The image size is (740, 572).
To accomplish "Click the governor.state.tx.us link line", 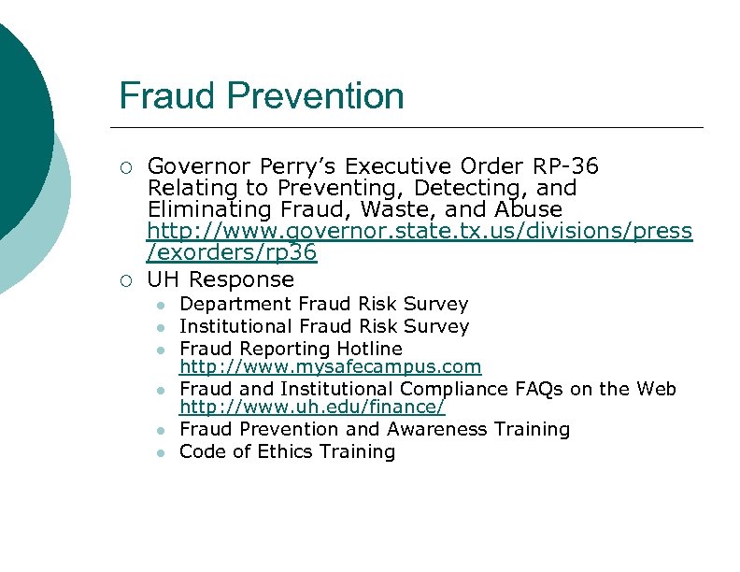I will pos(420,231).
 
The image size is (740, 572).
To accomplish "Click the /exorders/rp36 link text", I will pos(232,252).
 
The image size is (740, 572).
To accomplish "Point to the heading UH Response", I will pos(221,279).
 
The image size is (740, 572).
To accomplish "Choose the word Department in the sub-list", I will pos(235,305).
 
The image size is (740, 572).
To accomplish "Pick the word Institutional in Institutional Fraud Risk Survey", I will pos(235,326).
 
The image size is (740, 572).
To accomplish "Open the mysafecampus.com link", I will pos(330,367).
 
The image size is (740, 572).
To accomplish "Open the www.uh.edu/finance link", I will pos(312,408).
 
